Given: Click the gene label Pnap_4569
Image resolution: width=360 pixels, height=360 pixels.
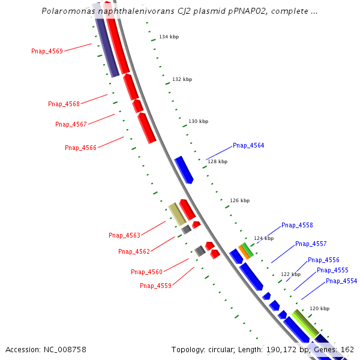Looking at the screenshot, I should coord(47,51).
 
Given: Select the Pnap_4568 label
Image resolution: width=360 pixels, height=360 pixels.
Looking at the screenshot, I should coord(64,104).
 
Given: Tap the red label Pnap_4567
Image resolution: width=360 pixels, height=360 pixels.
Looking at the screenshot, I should coord(71,124).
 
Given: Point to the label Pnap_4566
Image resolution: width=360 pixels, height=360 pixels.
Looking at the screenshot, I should coord(80,148).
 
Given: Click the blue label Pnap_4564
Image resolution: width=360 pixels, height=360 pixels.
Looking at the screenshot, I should coord(248,145).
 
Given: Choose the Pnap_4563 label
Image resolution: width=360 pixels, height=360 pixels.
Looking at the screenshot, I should coord(124,235).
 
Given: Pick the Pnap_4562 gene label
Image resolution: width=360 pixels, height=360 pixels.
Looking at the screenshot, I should coord(134,251).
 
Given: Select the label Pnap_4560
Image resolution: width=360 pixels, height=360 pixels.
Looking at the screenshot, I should coord(146,272).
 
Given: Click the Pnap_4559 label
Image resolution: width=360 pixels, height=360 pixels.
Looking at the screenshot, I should coord(155,286).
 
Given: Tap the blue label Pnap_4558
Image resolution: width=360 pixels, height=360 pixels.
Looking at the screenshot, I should coord(297,225).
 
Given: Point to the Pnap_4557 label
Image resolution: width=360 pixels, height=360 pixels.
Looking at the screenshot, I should coord(311,244).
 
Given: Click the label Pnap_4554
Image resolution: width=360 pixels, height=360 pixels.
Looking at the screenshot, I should coord(341,281).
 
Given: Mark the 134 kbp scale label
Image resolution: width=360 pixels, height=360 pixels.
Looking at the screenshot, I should coord(169,37).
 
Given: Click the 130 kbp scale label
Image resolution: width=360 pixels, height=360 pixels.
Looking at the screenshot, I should coord(198,121).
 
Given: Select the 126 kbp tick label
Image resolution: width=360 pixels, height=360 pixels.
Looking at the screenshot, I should coord(239,200).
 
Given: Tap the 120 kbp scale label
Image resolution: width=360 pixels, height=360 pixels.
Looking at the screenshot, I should coord(319,308).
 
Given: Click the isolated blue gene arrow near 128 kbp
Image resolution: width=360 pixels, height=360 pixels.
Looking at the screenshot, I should coord(184,169).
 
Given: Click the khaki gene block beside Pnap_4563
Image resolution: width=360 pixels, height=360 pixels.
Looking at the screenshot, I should coord(177,214).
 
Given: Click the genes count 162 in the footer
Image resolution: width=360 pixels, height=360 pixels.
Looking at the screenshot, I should coord(347,349).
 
